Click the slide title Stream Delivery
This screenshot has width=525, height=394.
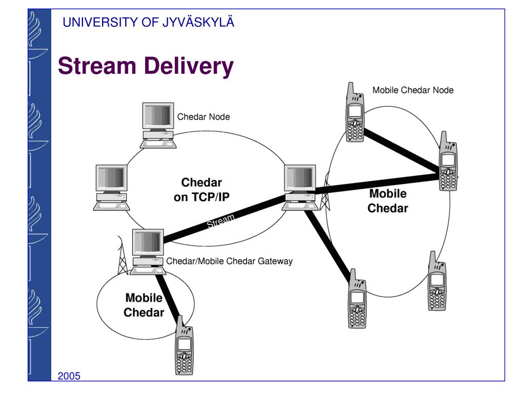point(146,66)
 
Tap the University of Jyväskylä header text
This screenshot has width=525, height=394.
point(148,22)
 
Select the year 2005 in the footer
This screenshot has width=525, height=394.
point(69,376)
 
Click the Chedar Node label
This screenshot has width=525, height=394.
point(204,117)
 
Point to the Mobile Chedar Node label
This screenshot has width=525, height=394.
point(413,90)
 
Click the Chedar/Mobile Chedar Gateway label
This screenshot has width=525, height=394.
point(229,261)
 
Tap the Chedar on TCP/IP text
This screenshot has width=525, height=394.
point(201,190)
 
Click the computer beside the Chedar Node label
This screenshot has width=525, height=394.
point(158,125)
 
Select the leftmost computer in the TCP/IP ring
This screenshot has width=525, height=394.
point(111,188)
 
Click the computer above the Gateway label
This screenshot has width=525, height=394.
point(148,251)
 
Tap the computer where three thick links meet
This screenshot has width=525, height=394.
point(300,188)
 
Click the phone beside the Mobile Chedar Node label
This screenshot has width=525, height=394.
point(355,112)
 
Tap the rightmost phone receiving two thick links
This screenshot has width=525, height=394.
point(448,161)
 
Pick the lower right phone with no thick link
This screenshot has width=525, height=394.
point(437,281)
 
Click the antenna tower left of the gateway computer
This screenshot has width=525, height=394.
point(123,255)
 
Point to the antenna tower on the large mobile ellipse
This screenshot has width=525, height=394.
point(325,191)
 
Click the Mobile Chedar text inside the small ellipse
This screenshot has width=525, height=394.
point(144,305)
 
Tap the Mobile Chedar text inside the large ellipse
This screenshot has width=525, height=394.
point(388,201)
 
